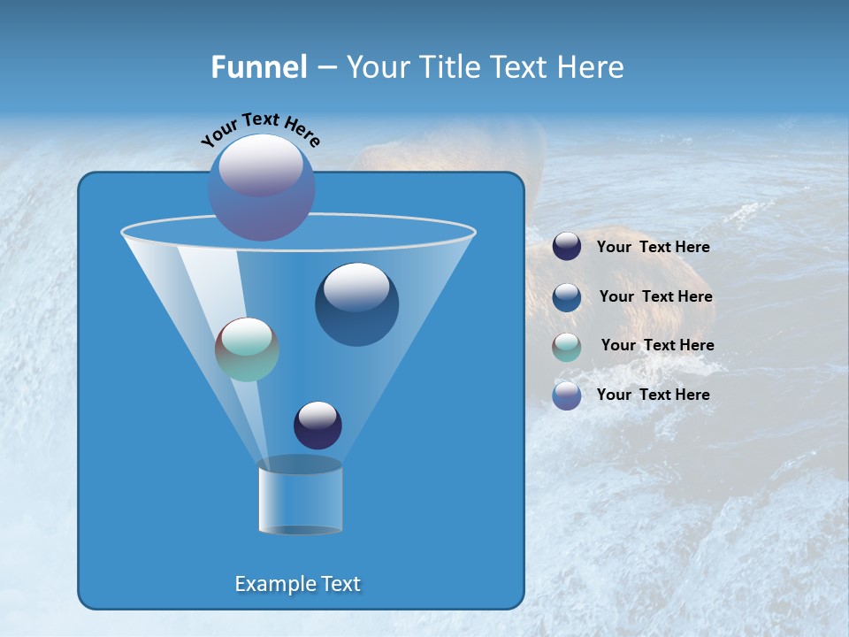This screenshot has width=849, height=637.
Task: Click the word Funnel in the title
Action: coord(258,67)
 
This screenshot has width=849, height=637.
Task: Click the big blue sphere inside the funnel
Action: coord(356,304)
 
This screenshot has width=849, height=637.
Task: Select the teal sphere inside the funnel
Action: coord(247,349)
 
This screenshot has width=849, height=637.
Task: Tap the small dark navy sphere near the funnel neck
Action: coord(317,425)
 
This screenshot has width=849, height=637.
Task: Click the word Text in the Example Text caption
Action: coord(340,584)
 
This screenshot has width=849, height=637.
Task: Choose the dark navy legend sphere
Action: coord(567,247)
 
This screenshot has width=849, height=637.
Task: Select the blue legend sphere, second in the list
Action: coord(567,297)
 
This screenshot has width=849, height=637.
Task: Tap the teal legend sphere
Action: coord(567,347)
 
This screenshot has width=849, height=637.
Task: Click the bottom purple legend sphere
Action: coord(567,395)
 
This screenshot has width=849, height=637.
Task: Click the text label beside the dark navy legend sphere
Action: coord(653,248)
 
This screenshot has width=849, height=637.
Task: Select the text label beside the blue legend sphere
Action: coord(655,297)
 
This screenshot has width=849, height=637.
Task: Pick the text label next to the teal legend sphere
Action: coord(657,346)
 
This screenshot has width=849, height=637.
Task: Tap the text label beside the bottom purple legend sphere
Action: coord(653,395)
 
